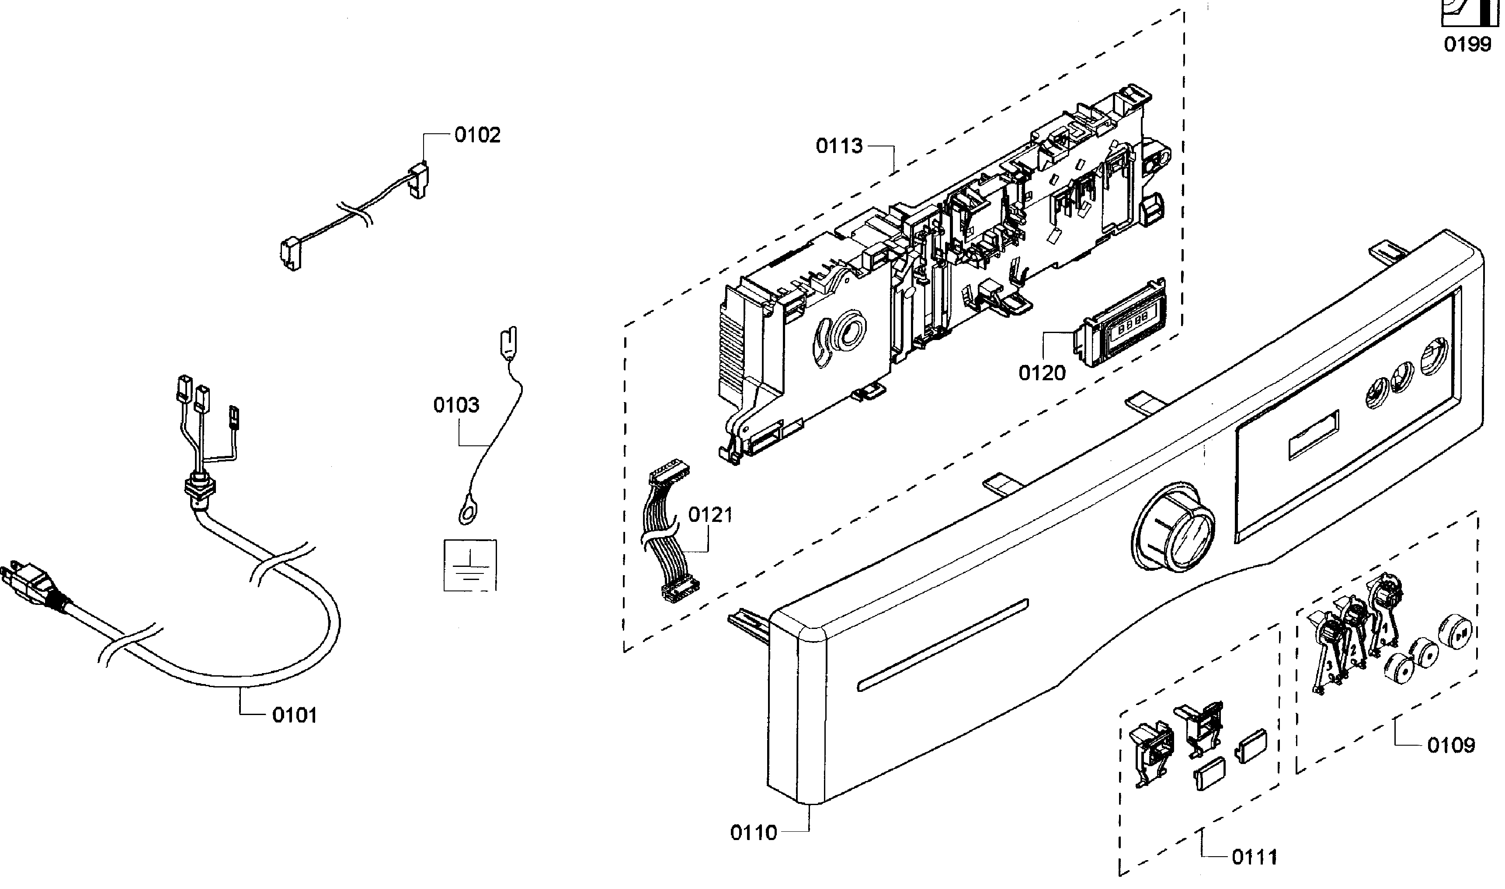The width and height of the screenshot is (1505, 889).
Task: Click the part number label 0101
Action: click(x=294, y=715)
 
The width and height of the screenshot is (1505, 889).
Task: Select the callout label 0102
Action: click(x=477, y=135)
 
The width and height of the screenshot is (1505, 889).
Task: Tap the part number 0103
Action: click(x=456, y=406)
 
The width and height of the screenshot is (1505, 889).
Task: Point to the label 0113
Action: click(x=839, y=146)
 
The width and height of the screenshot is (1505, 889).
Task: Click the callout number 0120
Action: click(x=1042, y=373)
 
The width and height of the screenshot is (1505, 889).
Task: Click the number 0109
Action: click(x=1450, y=746)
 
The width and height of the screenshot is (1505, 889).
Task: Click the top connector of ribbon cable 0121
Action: click(x=669, y=472)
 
